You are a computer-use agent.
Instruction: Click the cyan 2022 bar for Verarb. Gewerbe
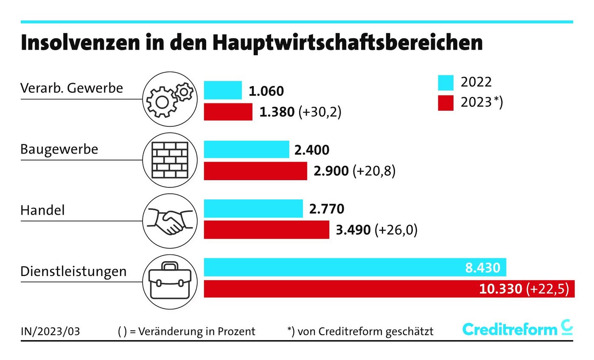pos(223,90)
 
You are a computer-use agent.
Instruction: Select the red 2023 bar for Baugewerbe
pos(255,171)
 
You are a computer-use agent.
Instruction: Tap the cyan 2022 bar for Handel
pos(253,209)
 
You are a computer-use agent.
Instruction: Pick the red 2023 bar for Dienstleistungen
pos(339,289)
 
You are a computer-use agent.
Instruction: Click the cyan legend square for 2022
pos(445,82)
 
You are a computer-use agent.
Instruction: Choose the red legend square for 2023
pos(445,103)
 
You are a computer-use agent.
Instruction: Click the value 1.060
pos(266,91)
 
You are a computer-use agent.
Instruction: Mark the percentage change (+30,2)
pos(320,112)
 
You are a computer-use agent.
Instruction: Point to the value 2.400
pos(312,150)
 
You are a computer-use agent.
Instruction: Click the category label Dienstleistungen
pos(73,271)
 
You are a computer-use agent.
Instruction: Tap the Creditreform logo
pos(517,329)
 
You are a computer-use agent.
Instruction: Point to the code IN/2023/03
pos(50,331)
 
